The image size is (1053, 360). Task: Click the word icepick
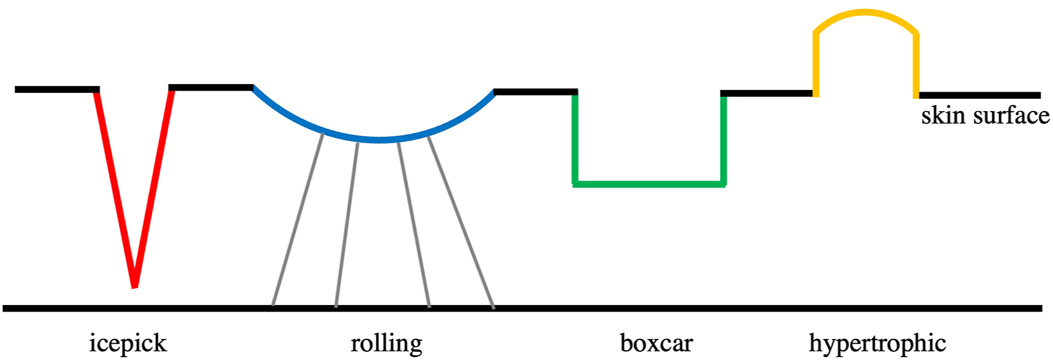pos(127,343)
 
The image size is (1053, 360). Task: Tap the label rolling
pos(386,343)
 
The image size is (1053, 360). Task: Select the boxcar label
pos(656,343)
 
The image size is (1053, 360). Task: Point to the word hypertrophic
pos(877,343)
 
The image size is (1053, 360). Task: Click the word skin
pos(943,116)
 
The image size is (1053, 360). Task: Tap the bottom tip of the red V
pos(134,285)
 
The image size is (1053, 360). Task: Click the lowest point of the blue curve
pos(380,140)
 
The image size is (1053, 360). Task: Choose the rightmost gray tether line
pos(462,220)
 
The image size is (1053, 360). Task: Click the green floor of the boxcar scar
pos(649,184)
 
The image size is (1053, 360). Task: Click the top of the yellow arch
pos(865,12)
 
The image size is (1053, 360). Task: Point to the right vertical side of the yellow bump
pos(916,64)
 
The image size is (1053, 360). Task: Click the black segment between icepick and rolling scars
pos(210,88)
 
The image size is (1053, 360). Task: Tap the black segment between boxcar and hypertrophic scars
pos(767,94)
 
